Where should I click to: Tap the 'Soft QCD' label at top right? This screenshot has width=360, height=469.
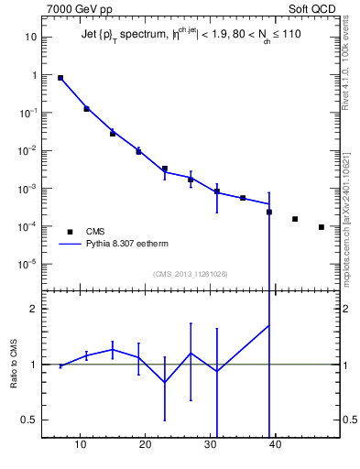pyautogui.click(x=311, y=9)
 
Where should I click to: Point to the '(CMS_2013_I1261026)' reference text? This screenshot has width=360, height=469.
pyautogui.click(x=191, y=274)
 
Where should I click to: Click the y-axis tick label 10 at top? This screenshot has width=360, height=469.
pyautogui.click(x=30, y=38)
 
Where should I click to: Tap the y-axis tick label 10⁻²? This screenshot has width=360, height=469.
pyautogui.click(x=28, y=150)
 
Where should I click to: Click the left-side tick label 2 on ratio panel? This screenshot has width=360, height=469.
pyautogui.click(x=34, y=309)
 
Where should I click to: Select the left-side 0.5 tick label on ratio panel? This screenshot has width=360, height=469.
pyautogui.click(x=30, y=420)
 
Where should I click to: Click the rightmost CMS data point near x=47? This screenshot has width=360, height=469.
pyautogui.click(x=321, y=227)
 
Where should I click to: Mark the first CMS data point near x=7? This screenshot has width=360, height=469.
pyautogui.click(x=60, y=78)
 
